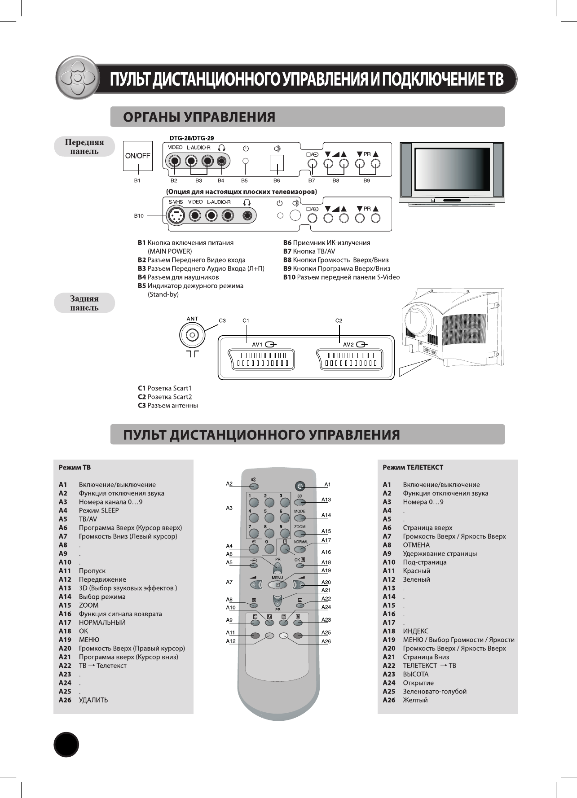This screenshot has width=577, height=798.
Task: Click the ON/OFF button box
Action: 137,156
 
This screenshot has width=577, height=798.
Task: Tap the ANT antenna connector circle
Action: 192,335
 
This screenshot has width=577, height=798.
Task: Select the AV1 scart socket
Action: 262,359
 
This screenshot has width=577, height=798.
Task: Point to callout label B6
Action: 277,180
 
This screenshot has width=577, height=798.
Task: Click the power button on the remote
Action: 300,486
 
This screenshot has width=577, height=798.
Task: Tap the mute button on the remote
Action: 254,486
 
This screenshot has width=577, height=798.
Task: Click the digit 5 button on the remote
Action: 269,517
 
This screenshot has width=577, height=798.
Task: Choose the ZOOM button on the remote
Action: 300,533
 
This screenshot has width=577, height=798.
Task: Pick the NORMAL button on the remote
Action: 300,548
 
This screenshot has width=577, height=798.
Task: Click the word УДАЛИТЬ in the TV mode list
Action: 93,700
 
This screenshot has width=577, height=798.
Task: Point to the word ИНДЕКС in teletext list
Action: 415,631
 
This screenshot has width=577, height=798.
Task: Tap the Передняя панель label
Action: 84,147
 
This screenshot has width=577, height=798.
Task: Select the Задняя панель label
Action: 84,303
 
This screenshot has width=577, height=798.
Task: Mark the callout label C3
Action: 222,320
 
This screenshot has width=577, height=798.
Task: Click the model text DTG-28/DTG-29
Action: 191,138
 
